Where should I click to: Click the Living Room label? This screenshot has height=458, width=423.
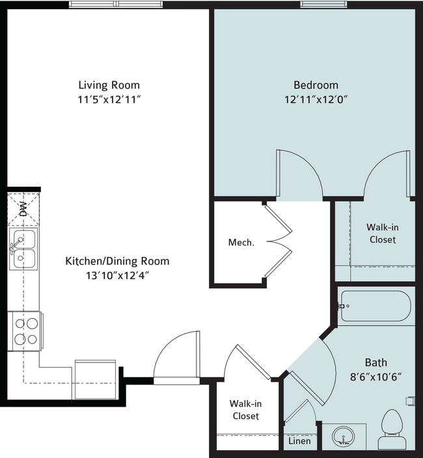click(109, 85)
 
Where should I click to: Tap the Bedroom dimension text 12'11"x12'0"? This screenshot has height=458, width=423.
click(316, 100)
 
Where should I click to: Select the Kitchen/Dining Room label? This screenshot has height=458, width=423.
click(117, 262)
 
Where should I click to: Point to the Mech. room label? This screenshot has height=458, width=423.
click(241, 243)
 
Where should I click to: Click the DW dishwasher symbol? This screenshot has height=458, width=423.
click(22, 208)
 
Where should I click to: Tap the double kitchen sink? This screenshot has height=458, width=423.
click(23, 249)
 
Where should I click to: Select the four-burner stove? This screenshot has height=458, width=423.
click(25, 330)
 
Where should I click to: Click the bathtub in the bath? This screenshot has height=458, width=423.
click(375, 306)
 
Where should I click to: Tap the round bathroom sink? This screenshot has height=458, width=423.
click(344, 436)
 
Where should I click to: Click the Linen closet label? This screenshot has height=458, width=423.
click(299, 442)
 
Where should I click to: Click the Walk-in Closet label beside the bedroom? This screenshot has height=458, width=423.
click(381, 234)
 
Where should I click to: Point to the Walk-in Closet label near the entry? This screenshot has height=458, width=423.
click(244, 410)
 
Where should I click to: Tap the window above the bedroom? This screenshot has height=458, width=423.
click(323, 4)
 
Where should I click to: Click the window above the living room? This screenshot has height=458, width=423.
click(116, 4)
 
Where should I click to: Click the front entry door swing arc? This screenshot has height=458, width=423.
click(176, 355)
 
